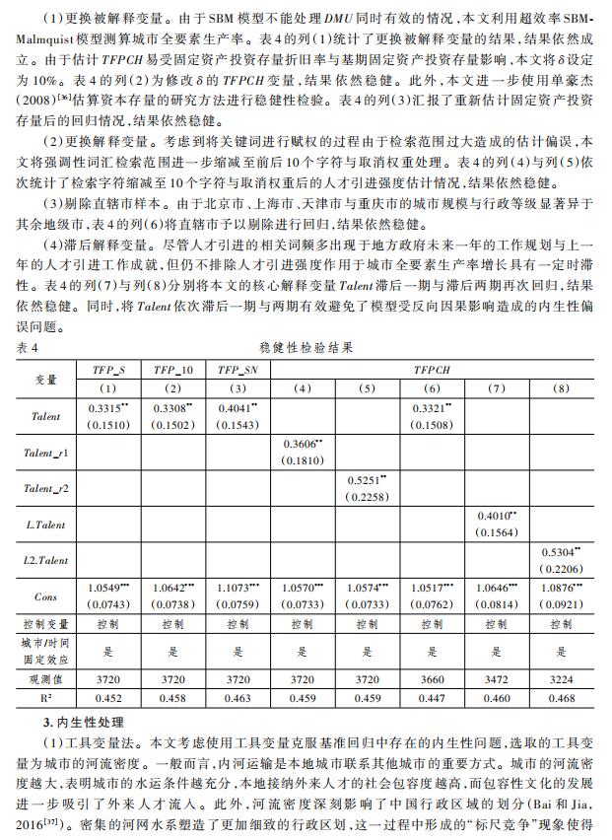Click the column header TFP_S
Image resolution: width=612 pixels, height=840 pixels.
pos(107,369)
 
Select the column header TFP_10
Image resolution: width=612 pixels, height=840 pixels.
pos(172,369)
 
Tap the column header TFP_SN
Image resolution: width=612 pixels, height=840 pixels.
pos(238,369)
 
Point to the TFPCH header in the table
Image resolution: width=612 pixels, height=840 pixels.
pos(433,369)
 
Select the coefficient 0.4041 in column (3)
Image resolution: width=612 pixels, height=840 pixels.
pos(237,406)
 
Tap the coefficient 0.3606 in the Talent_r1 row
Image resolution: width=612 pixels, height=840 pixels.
pos(302,444)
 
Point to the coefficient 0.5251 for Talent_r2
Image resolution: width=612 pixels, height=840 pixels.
pos(367,479)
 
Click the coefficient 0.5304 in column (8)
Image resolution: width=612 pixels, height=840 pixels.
pos(561,552)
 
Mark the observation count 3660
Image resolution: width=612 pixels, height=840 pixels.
pos(433,679)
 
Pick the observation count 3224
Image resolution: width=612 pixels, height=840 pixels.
pos(561,679)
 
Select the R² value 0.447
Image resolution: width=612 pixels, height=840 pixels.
pos(433,699)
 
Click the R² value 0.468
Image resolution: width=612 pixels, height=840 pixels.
pos(561,699)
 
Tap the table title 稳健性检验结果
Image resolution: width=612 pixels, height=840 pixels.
pos(306,347)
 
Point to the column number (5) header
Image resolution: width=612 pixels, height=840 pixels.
pos(367,387)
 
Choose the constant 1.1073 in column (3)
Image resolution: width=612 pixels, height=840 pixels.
pos(238,588)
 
